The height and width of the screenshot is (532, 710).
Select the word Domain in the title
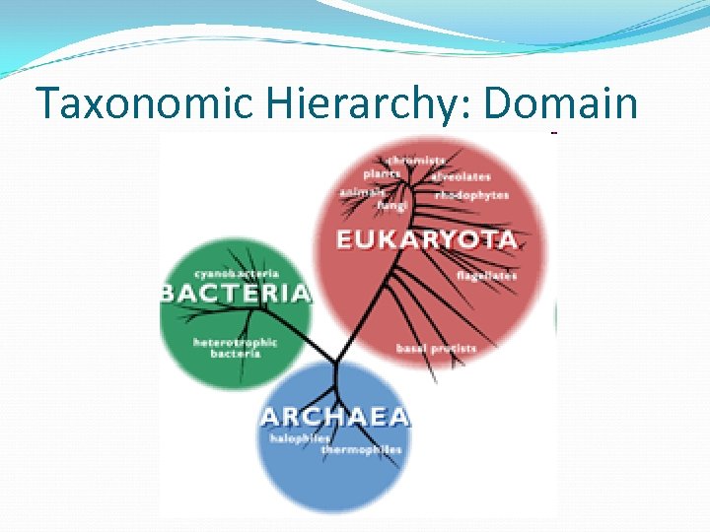click(561, 103)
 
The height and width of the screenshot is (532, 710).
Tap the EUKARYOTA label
click(426, 239)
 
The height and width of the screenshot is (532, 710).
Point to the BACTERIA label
click(236, 293)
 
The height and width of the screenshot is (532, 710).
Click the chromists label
click(416, 160)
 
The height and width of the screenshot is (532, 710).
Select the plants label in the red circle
click(382, 174)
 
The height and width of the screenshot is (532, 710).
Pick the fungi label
click(392, 206)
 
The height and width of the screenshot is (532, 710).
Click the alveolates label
click(460, 176)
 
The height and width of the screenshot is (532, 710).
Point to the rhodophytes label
click(472, 195)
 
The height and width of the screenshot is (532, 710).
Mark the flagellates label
click(486, 276)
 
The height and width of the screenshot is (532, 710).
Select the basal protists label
click(436, 348)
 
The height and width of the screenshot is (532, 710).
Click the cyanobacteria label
click(237, 273)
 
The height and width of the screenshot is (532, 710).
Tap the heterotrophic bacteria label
click(235, 348)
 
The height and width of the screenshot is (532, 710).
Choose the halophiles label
click(299, 438)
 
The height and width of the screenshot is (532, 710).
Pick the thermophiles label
click(361, 450)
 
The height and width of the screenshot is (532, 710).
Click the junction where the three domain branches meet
click(335, 362)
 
